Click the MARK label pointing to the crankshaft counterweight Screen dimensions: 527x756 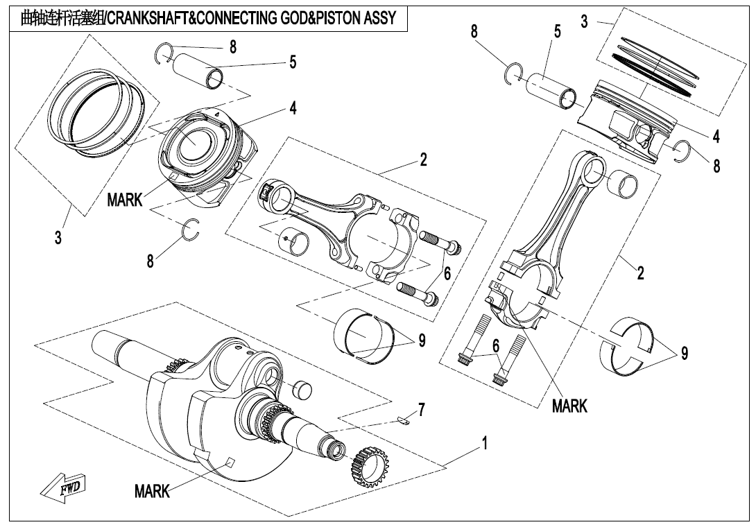[152, 491]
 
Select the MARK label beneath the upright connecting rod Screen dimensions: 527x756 [569, 406]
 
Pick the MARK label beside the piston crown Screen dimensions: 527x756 [124, 200]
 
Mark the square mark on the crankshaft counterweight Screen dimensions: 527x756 [231, 463]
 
